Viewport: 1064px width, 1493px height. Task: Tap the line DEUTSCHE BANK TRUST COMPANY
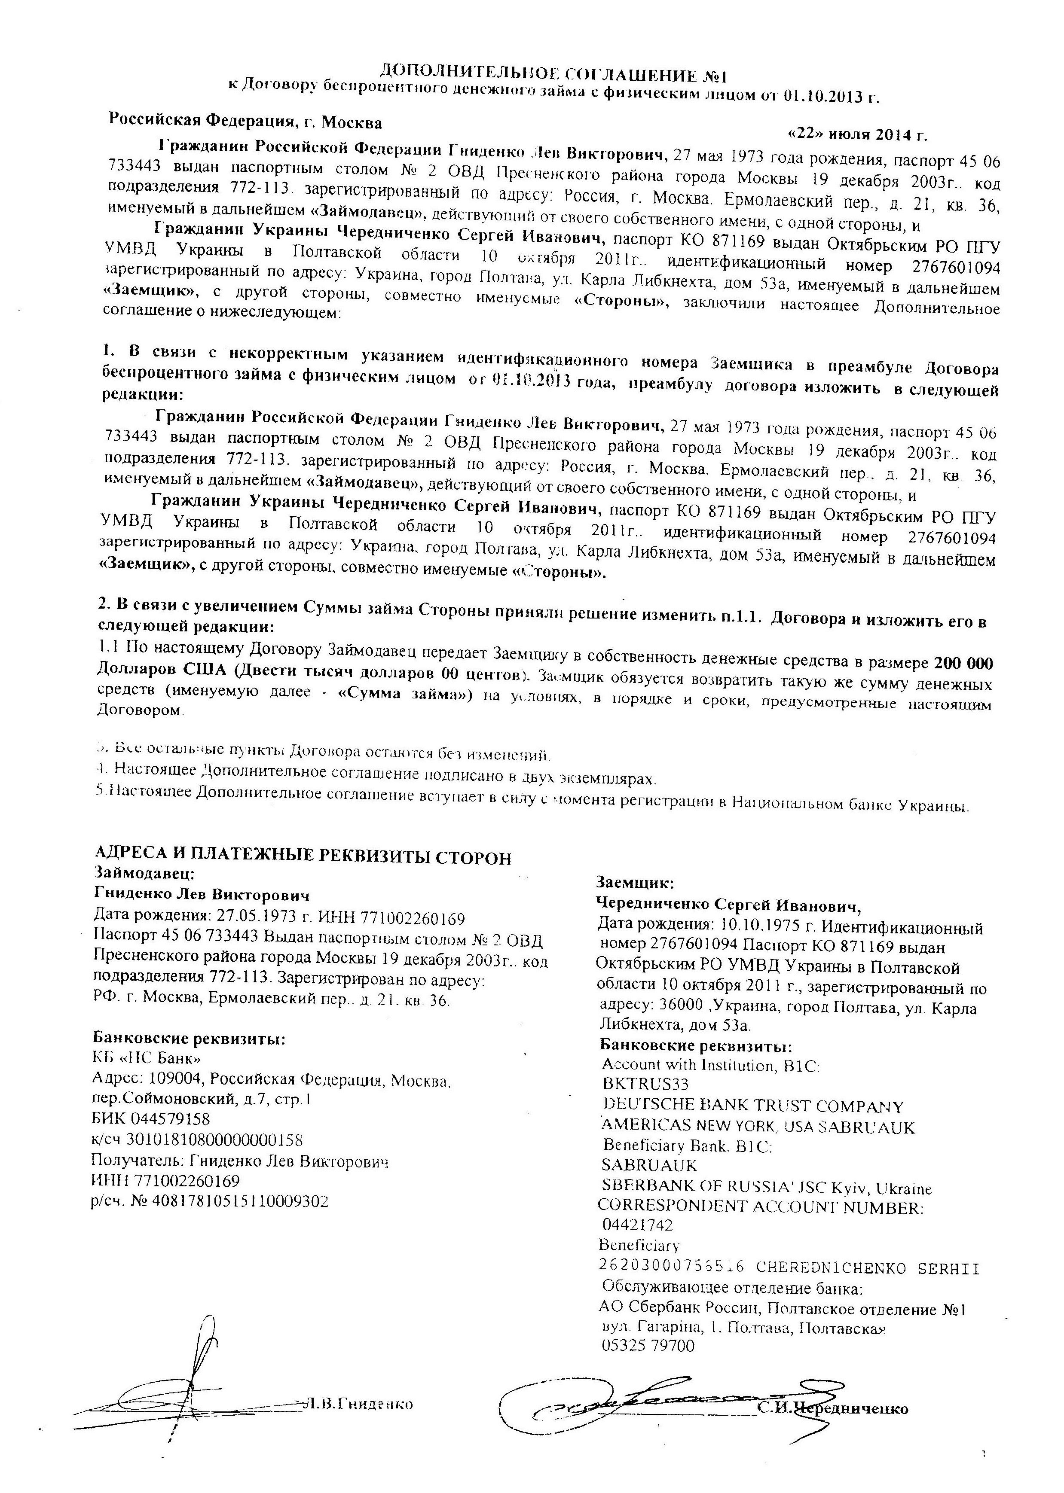752,1107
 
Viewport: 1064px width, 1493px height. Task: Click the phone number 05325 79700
647,1346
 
